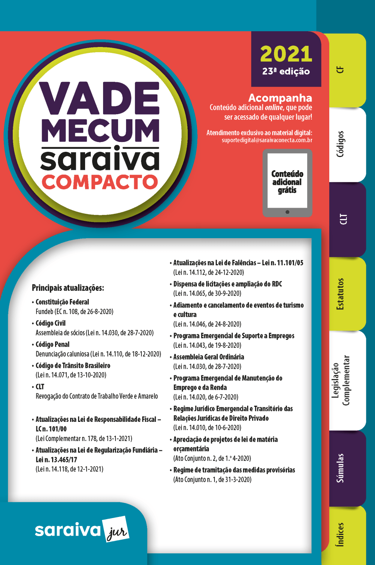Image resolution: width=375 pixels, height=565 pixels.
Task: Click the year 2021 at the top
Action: [x=286, y=54]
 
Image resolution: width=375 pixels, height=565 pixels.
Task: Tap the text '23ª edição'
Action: [x=286, y=71]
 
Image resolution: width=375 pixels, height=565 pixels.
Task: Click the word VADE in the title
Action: [x=100, y=98]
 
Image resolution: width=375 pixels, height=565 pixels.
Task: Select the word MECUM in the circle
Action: [x=100, y=130]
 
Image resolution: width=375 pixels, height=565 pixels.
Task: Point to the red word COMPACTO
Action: [x=100, y=182]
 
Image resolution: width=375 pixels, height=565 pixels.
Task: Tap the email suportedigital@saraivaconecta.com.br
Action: [x=267, y=140]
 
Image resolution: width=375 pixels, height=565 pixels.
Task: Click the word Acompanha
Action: [x=280, y=98]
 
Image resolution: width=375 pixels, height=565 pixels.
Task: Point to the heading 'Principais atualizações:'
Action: [x=68, y=288]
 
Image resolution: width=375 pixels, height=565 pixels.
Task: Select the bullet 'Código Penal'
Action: [x=52, y=344]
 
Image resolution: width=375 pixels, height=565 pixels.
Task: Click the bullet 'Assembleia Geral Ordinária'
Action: [x=208, y=357]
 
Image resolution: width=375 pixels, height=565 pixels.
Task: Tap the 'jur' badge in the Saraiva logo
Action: [x=116, y=529]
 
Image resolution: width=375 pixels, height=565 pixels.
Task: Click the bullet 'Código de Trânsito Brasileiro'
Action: [x=73, y=366]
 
